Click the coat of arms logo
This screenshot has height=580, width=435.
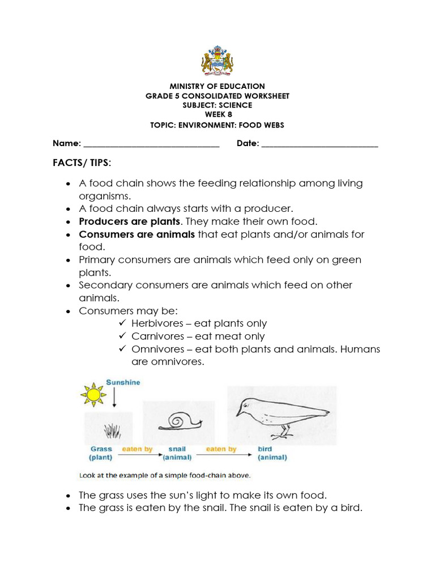(217, 58)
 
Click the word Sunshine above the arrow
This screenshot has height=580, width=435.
(123, 383)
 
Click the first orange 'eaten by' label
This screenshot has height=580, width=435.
(138, 449)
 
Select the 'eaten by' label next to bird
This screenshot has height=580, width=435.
(221, 449)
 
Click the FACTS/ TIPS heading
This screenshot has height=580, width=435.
(82, 163)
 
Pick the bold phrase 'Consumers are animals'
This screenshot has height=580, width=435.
(137, 234)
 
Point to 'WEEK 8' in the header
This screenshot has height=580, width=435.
(217, 115)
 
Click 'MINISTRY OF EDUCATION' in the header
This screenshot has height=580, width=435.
(217, 86)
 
